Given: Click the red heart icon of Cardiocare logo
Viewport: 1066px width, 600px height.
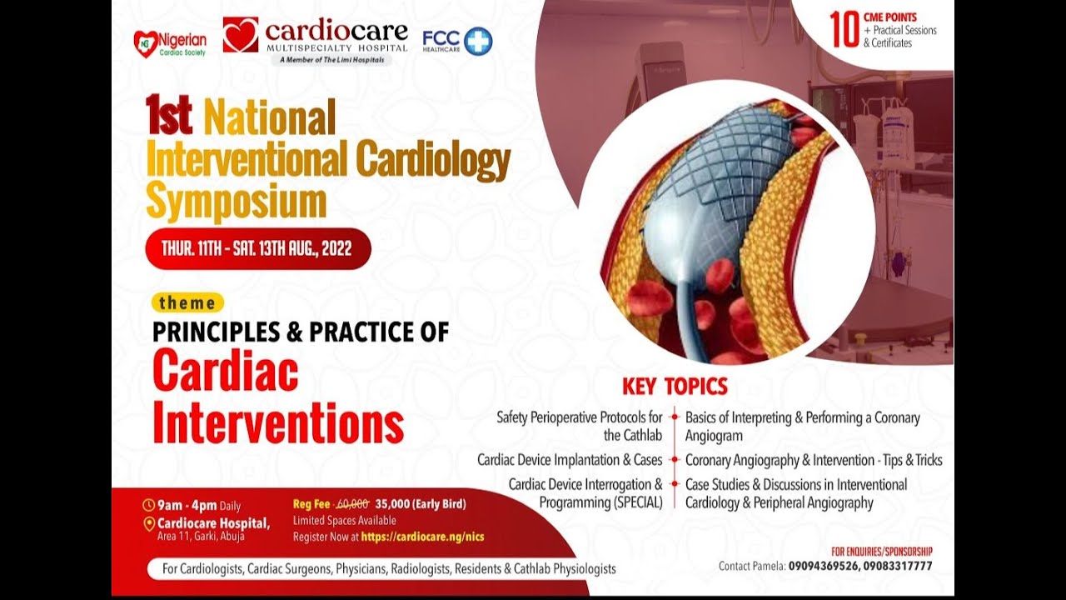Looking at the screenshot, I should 240,35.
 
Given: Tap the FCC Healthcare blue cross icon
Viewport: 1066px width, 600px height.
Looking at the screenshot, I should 478,41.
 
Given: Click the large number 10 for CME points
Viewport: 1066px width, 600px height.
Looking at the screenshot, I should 844,30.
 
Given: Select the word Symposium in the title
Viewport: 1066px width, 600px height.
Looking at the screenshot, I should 236,200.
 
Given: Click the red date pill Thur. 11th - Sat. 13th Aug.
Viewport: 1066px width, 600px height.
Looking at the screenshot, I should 257,248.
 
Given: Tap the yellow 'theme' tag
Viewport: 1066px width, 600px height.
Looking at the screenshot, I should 187,302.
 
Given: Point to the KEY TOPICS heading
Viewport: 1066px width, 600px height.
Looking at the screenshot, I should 675,387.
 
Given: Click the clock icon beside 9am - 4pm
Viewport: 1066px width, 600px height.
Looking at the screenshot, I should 149,505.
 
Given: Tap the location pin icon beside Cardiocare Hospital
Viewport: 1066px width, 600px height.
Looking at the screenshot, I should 149,523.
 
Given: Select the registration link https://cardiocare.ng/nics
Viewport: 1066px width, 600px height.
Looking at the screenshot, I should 422,537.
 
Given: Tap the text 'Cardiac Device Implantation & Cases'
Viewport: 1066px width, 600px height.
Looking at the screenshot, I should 570,460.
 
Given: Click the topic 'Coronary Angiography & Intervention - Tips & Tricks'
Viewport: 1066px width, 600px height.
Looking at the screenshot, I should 814,460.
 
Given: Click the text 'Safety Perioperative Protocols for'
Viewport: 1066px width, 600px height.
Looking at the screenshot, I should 580,417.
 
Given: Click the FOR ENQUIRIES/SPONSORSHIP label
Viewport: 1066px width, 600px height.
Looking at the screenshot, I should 881,551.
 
